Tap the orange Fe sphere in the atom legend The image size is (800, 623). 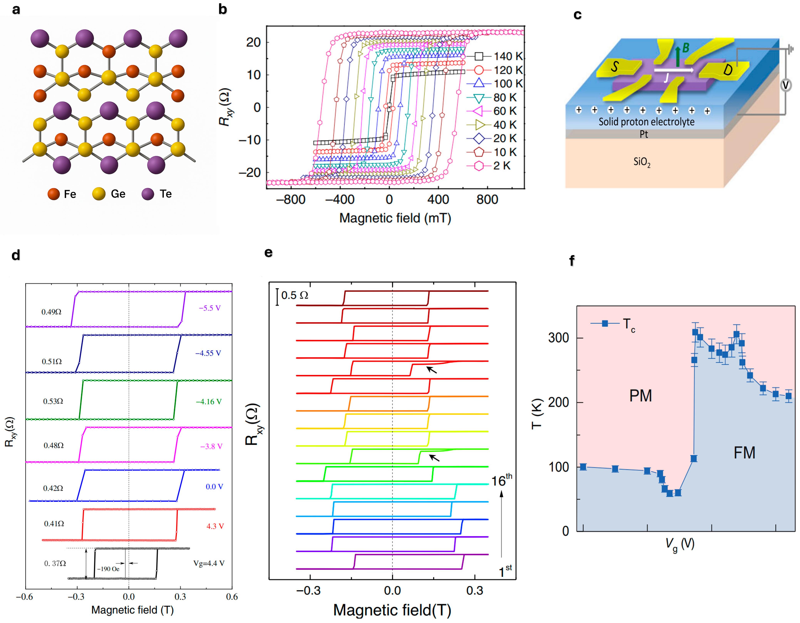[54, 194]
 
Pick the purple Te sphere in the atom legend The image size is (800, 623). [148, 194]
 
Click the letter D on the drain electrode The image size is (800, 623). [727, 69]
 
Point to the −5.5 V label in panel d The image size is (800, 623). [209, 308]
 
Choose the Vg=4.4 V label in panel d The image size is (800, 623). [209, 563]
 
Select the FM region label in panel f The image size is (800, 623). [744, 453]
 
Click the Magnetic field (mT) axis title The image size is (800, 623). [395, 218]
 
